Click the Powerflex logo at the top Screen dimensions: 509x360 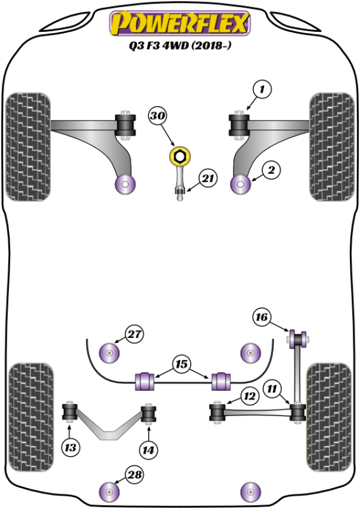(x=179, y=23)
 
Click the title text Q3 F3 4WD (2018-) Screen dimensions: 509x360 (x=179, y=46)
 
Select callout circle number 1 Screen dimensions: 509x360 (x=262, y=90)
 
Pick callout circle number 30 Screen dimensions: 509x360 (x=158, y=115)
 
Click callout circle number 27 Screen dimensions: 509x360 (x=134, y=334)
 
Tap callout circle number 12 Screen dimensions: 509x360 (x=249, y=395)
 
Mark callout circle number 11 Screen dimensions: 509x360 (x=273, y=390)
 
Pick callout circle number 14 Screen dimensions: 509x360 (x=148, y=447)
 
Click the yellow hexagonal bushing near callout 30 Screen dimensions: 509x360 (x=179, y=158)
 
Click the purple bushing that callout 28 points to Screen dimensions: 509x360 (x=109, y=493)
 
